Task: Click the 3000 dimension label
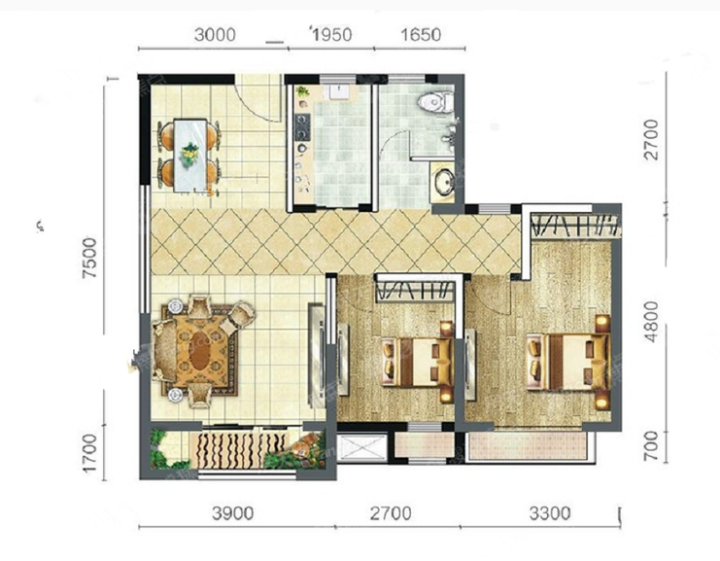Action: (215, 34)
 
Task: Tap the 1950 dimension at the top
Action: (331, 34)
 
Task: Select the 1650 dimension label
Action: (421, 34)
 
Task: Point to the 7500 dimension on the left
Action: (89, 258)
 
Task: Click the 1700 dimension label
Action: (89, 453)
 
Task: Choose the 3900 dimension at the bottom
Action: (233, 513)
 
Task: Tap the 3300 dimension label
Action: (550, 513)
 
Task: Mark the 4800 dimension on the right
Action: (651, 322)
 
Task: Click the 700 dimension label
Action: (651, 446)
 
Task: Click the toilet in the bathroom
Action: (435, 101)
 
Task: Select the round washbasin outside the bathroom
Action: (444, 182)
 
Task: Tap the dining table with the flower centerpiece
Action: (189, 156)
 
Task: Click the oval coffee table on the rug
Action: (200, 350)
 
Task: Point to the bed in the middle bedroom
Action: (418, 362)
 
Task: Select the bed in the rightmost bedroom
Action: (568, 362)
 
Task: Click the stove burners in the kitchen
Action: (302, 127)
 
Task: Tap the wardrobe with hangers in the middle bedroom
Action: (415, 292)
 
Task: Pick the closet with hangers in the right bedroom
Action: (574, 226)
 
